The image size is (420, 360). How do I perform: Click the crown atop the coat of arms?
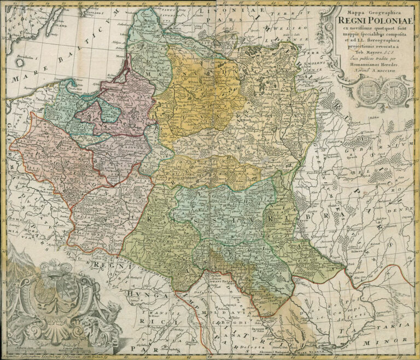click(x=56, y=270)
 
